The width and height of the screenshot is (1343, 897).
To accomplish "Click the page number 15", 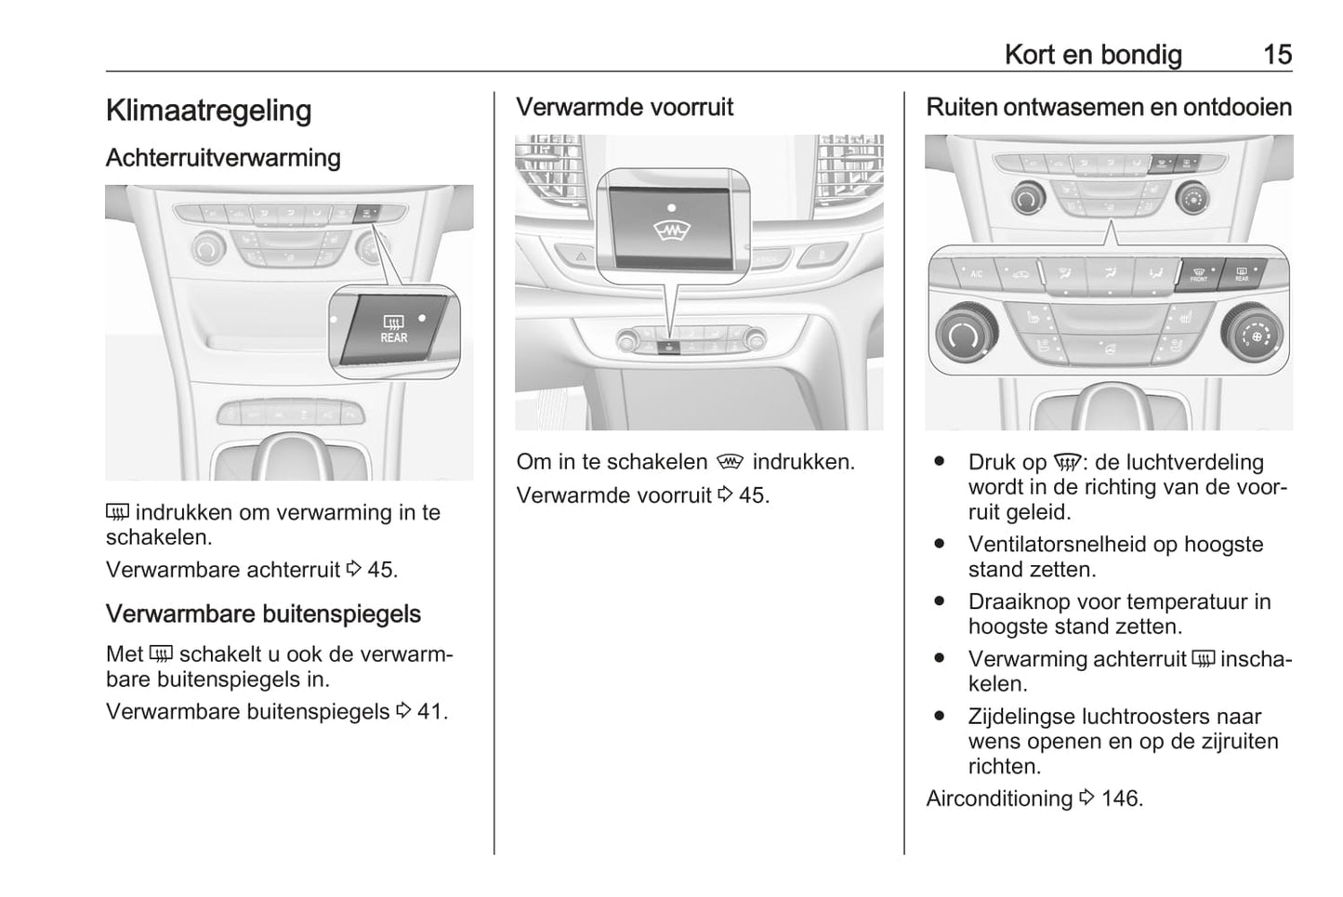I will [1277, 55].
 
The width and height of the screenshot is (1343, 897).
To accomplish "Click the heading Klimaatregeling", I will [208, 111].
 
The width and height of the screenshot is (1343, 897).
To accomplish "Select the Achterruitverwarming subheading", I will [223, 158].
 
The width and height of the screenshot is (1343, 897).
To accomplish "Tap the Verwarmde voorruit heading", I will [625, 108].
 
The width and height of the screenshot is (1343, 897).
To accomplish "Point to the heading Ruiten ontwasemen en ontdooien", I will [1109, 108].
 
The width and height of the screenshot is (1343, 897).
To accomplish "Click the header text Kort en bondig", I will [1093, 55].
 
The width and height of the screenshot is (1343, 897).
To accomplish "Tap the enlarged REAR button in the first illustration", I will [393, 329].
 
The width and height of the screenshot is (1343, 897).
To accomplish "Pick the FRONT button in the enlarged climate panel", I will [1198, 274].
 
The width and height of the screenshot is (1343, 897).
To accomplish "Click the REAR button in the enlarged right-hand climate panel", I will [1242, 273].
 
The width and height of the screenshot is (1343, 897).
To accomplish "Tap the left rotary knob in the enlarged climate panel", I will [967, 335].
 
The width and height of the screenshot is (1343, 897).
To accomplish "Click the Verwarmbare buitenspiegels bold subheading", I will [263, 614].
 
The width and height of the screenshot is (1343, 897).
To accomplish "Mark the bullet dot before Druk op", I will [940, 462].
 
